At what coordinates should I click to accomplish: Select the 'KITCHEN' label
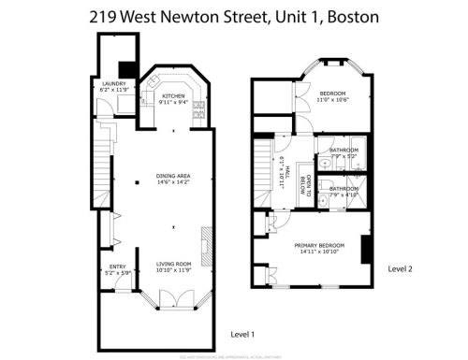(x=174, y=95)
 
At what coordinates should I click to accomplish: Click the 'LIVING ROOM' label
(x=173, y=265)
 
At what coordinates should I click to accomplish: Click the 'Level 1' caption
(x=243, y=334)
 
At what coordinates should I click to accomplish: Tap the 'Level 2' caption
(x=400, y=268)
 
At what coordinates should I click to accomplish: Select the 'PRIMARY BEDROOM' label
(x=308, y=245)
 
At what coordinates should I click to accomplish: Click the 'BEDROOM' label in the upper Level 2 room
(x=332, y=94)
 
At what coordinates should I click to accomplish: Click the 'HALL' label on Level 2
(x=286, y=174)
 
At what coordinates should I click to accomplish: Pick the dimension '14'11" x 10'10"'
(x=308, y=252)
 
